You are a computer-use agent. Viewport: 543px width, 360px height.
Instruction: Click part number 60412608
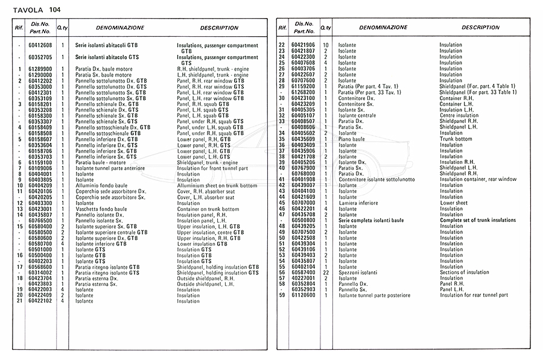pos(40,45)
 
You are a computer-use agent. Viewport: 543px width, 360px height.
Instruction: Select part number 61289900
pos(40,69)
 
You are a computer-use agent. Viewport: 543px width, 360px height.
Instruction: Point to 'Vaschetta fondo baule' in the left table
pos(101,209)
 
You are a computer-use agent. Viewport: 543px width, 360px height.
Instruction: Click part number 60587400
pos(304,273)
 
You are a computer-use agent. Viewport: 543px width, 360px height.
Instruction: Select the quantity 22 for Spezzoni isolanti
pos(326,273)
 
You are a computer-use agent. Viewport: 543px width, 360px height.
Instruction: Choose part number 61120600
pos(304,295)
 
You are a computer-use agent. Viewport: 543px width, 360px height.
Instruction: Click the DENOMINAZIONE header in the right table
pos(383,28)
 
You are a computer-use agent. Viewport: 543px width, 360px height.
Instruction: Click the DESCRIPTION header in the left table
pos(219,28)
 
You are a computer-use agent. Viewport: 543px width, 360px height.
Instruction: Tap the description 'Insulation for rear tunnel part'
pos(478,295)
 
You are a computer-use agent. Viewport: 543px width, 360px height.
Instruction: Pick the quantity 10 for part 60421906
pos(326,45)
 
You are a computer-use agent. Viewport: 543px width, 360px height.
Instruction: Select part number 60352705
pos(40,57)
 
